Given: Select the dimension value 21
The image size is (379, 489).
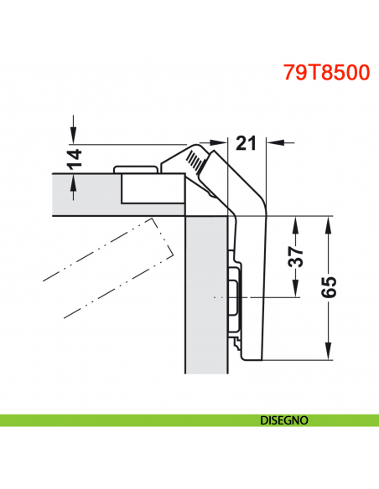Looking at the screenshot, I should click(x=245, y=144).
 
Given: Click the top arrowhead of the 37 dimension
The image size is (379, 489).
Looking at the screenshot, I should click(x=296, y=222).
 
